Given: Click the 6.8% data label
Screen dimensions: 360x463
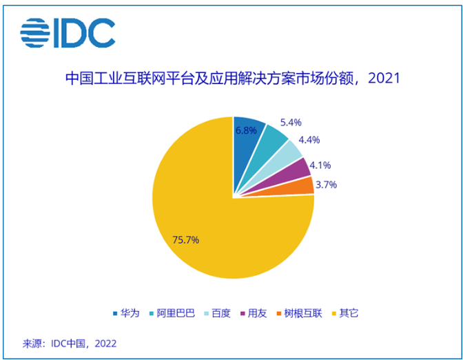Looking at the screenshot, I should click(x=246, y=130).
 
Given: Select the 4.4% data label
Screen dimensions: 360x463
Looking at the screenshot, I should click(x=308, y=140).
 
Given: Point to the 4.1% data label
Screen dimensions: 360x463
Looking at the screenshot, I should click(x=320, y=165).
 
